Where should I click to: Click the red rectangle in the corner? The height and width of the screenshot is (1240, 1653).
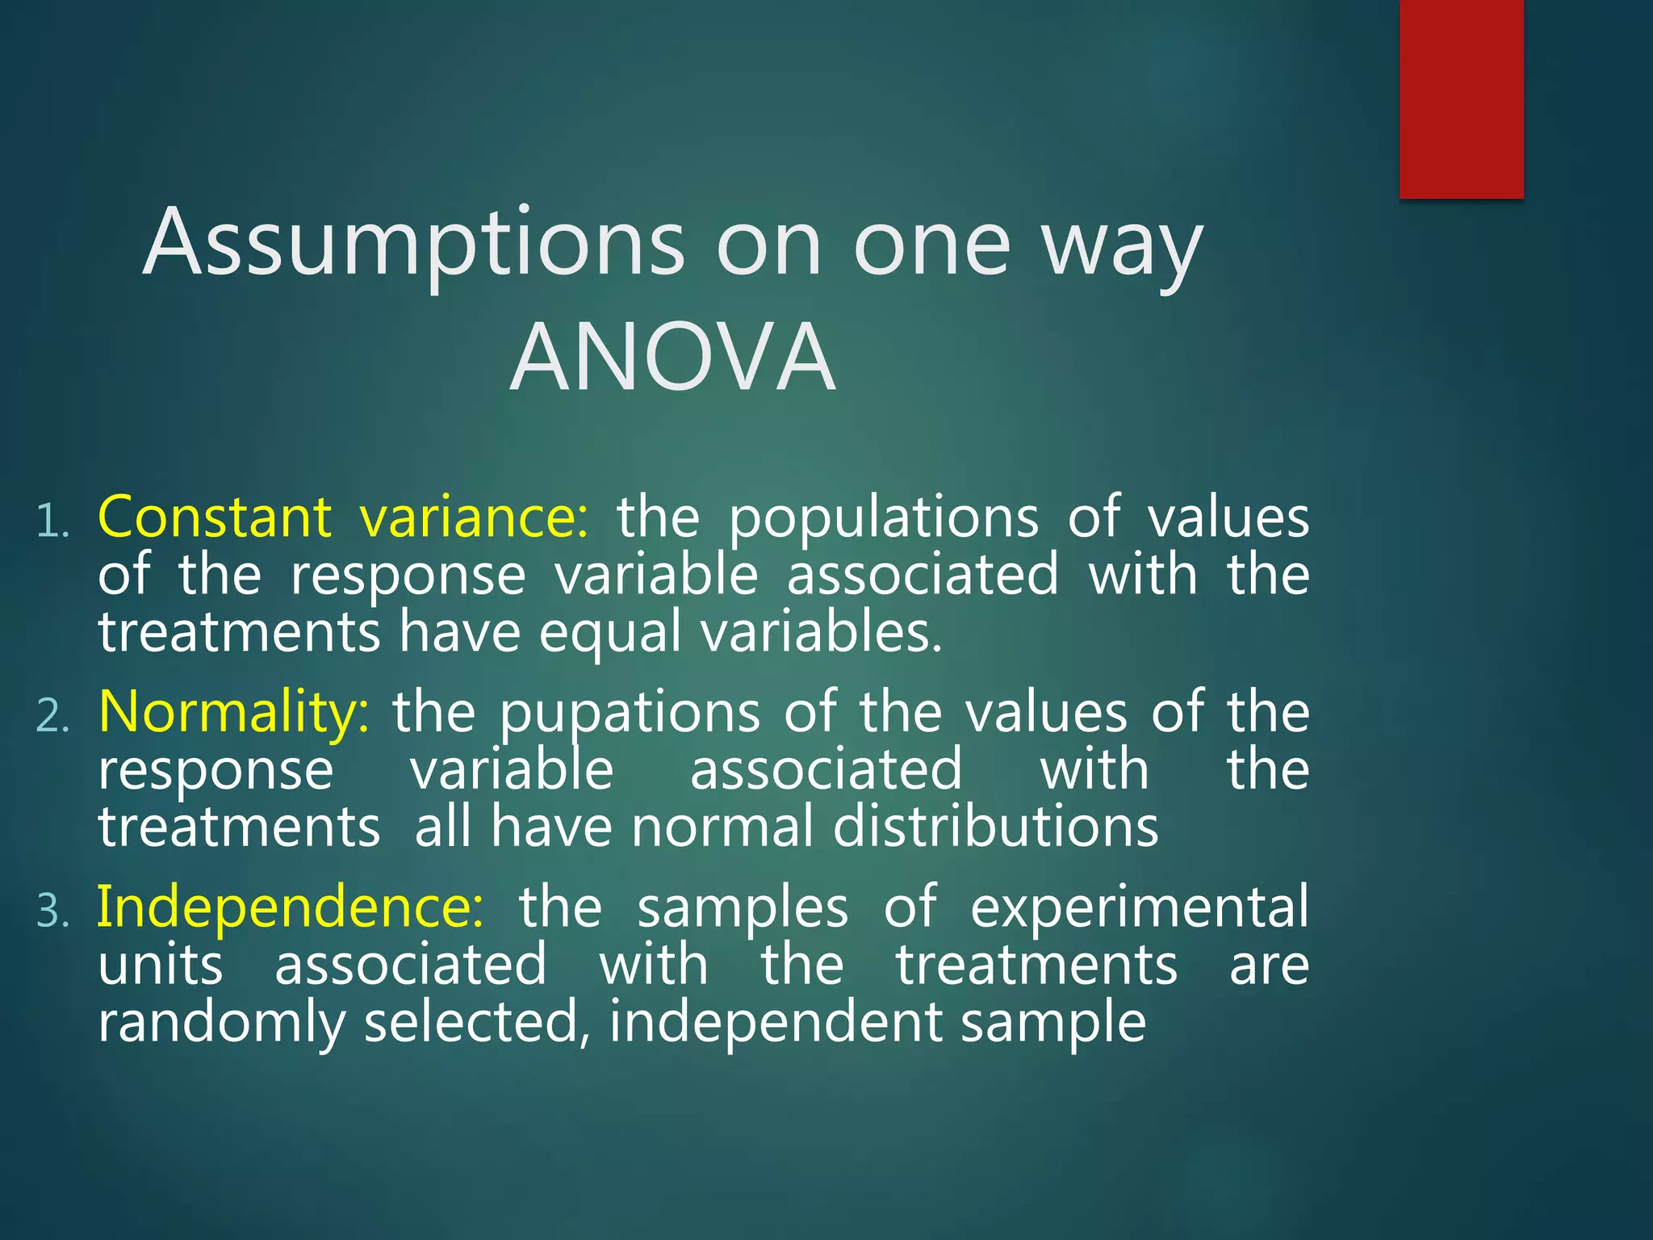1461,98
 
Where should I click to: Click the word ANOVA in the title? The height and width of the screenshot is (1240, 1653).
673,358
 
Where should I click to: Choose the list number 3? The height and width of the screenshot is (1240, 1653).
52,911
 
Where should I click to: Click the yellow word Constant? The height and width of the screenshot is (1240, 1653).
215,517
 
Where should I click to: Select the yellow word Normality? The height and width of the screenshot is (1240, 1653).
234,712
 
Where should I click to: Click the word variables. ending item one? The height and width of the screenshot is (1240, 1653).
822,632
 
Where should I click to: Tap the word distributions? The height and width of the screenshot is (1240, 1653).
995,827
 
